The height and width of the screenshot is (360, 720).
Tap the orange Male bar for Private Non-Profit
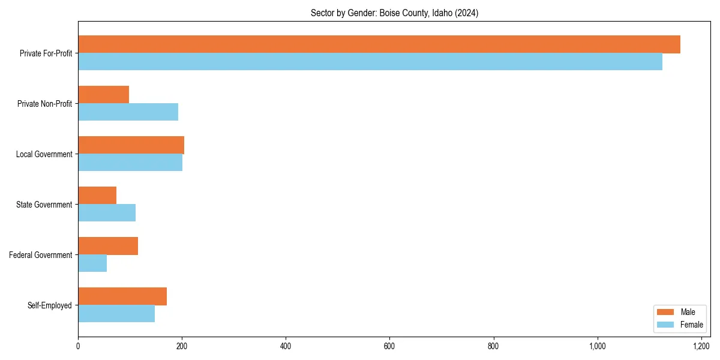[103, 95]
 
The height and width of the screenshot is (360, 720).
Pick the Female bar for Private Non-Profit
[128, 112]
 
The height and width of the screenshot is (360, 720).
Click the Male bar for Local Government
[131, 145]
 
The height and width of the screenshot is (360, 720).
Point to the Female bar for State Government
[107, 213]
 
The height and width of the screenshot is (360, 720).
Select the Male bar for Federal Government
[108, 246]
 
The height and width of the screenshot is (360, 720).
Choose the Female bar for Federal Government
[92, 263]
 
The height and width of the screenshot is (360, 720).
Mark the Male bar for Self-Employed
[122, 296]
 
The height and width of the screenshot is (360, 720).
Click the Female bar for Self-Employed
[116, 314]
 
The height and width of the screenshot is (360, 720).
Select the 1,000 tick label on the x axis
[598, 346]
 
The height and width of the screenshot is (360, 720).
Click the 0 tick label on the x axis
[78, 346]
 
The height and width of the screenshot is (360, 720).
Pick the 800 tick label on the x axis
[494, 346]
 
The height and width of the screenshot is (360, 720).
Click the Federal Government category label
[41, 255]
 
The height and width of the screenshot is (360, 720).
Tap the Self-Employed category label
[50, 305]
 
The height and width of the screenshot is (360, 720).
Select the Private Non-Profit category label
[44, 104]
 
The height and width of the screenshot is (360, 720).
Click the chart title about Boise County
[394, 13]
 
